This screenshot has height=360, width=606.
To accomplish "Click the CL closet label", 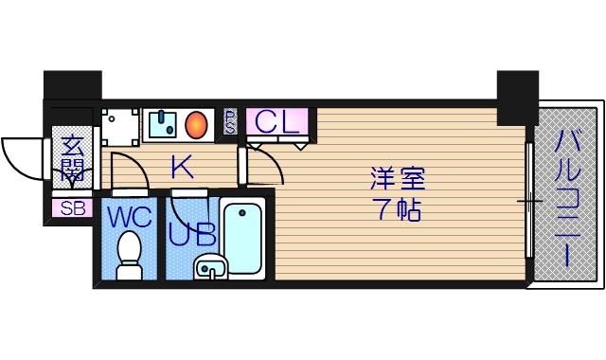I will (278, 121).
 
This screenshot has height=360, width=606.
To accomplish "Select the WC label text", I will (129, 217).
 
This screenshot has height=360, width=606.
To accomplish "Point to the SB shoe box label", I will (72, 208).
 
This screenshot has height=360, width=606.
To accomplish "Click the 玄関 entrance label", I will (72, 159).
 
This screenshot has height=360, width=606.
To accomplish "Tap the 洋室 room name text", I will (398, 178).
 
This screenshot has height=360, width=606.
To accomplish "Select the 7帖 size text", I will (398, 209).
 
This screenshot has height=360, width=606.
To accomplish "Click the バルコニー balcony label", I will (568, 200).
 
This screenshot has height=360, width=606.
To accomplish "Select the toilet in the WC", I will (129, 254).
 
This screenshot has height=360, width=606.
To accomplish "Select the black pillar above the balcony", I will (517, 97).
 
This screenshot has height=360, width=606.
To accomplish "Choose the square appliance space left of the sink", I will (120, 124).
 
